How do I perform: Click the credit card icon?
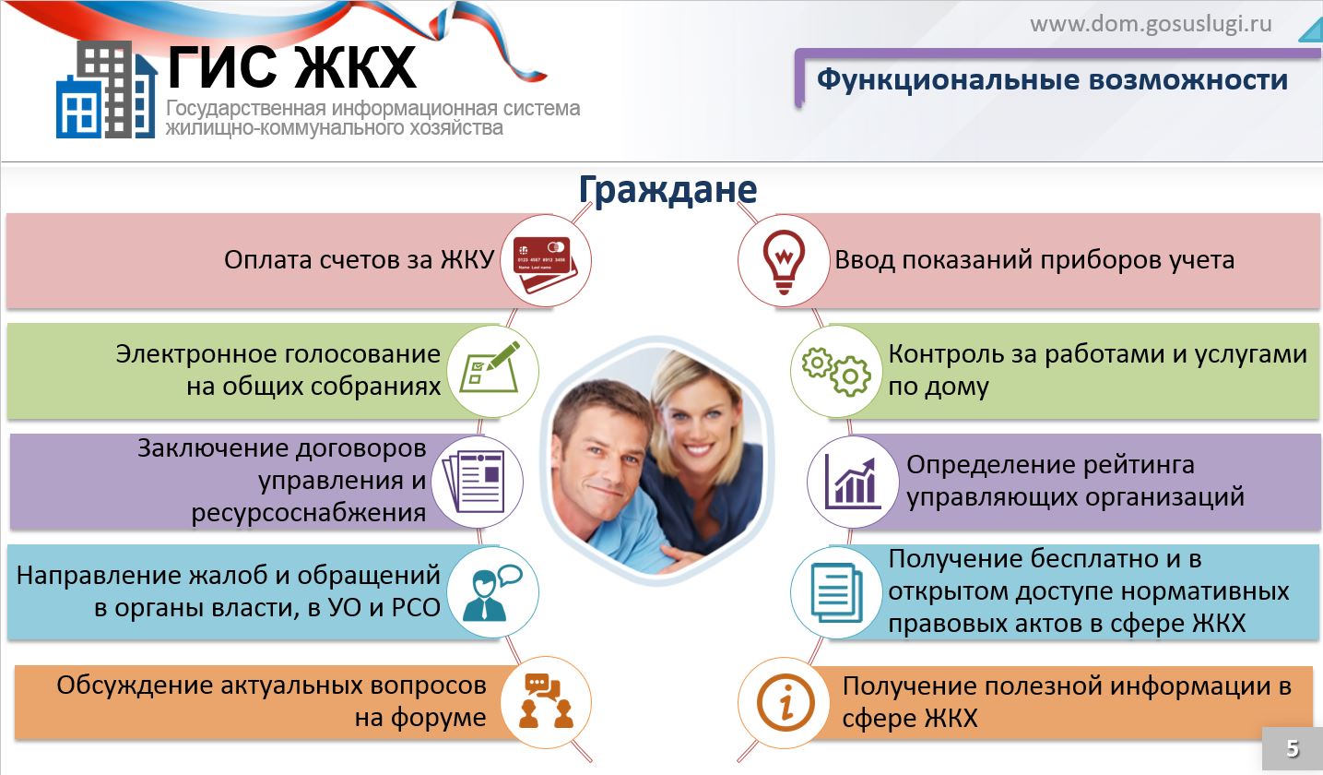(545, 264)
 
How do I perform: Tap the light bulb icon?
(784, 261)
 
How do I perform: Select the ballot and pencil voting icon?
(490, 367)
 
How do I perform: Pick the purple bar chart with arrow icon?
(853, 483)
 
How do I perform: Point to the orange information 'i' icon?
(786, 703)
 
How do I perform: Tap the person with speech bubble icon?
(491, 592)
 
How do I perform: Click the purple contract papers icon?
(474, 482)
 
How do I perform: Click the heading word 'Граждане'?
(667, 190)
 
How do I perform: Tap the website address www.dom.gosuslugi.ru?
(1151, 24)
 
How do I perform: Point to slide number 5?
(1293, 748)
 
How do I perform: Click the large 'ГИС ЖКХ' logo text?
(292, 67)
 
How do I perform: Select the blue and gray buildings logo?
(107, 89)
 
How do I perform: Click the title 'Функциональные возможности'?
(1052, 79)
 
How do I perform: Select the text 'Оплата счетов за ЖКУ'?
(360, 260)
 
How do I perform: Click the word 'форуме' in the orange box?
(438, 719)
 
